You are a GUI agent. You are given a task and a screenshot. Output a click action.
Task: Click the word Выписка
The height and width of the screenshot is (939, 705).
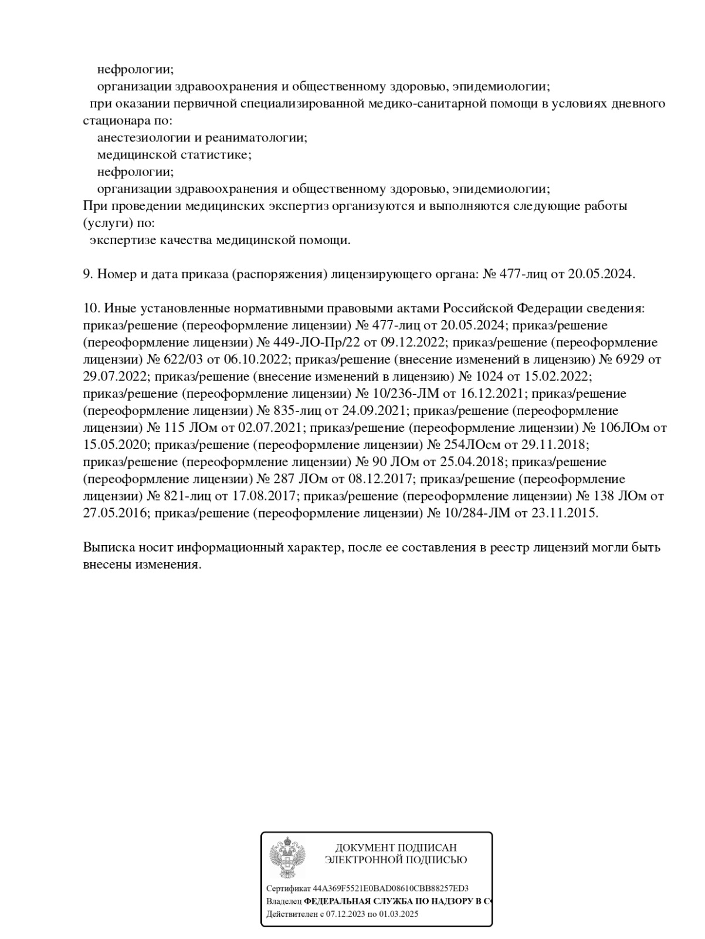coord(109,547)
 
